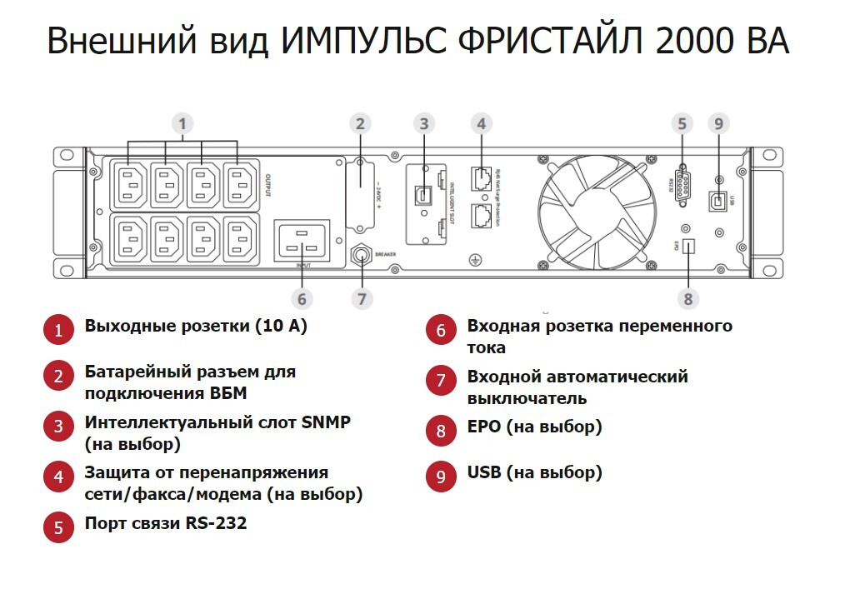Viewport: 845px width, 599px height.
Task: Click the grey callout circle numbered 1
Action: tap(182, 124)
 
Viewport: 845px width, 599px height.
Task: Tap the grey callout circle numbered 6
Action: tap(302, 298)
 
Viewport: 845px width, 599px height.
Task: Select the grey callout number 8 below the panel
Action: tap(687, 298)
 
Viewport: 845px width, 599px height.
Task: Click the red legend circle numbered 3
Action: tap(58, 427)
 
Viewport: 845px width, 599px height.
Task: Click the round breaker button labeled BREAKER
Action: tap(362, 254)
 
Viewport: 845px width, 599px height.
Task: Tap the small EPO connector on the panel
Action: tap(687, 247)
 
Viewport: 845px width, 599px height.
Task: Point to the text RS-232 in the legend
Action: tap(217, 523)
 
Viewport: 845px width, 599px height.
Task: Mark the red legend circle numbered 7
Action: tap(441, 381)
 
